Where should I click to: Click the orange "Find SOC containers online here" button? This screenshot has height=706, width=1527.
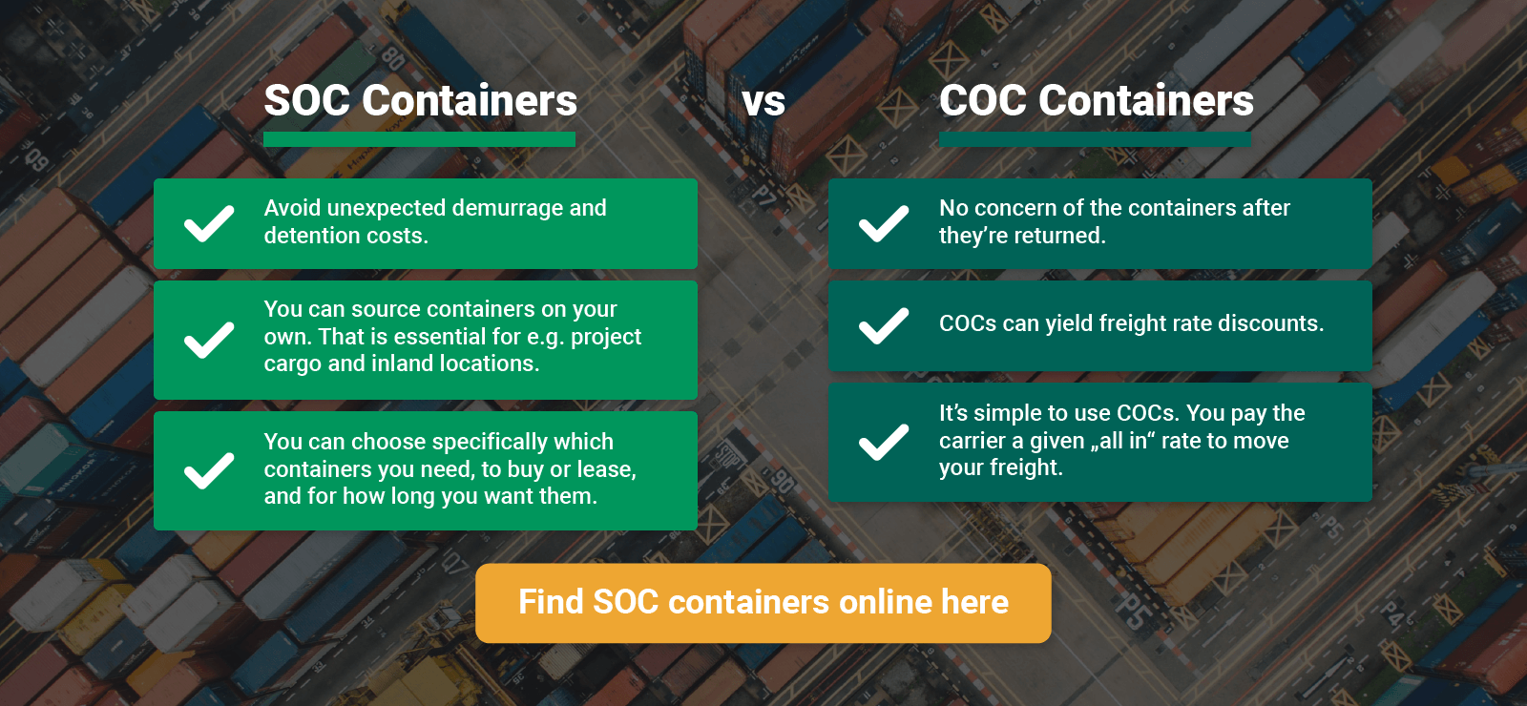763,603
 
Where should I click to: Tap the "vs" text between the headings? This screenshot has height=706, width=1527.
763,101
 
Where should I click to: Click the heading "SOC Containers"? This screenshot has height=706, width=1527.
421,100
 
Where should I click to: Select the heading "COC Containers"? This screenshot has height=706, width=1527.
1097,100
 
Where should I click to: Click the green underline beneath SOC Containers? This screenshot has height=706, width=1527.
419,139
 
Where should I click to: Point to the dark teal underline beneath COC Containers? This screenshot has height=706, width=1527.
1095,139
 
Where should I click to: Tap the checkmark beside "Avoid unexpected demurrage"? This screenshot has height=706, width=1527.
209,223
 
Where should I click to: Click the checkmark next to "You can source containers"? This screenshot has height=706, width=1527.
209,340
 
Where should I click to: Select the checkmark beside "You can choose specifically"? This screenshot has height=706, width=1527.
209,470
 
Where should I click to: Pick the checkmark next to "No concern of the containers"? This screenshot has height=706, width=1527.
884,223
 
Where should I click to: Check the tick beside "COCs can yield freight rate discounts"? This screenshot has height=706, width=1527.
884,325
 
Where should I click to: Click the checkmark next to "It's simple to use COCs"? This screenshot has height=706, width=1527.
884,442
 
